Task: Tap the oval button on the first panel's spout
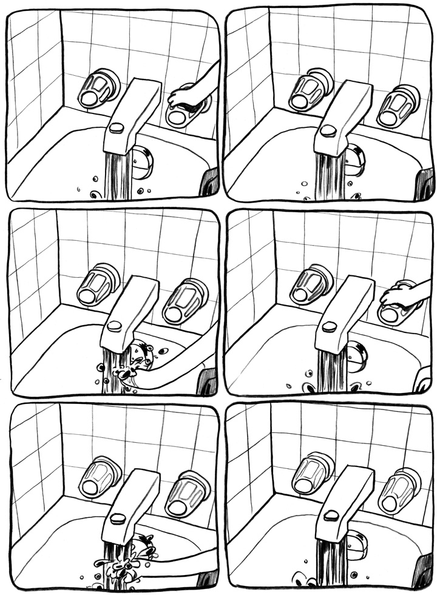pos(117,127)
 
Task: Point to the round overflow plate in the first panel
pos(143,162)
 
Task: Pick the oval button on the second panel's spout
pos(328,130)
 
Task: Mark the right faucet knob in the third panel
pos(185,301)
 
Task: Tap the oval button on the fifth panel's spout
pos(118,519)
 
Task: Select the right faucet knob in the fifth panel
pos(186,491)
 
